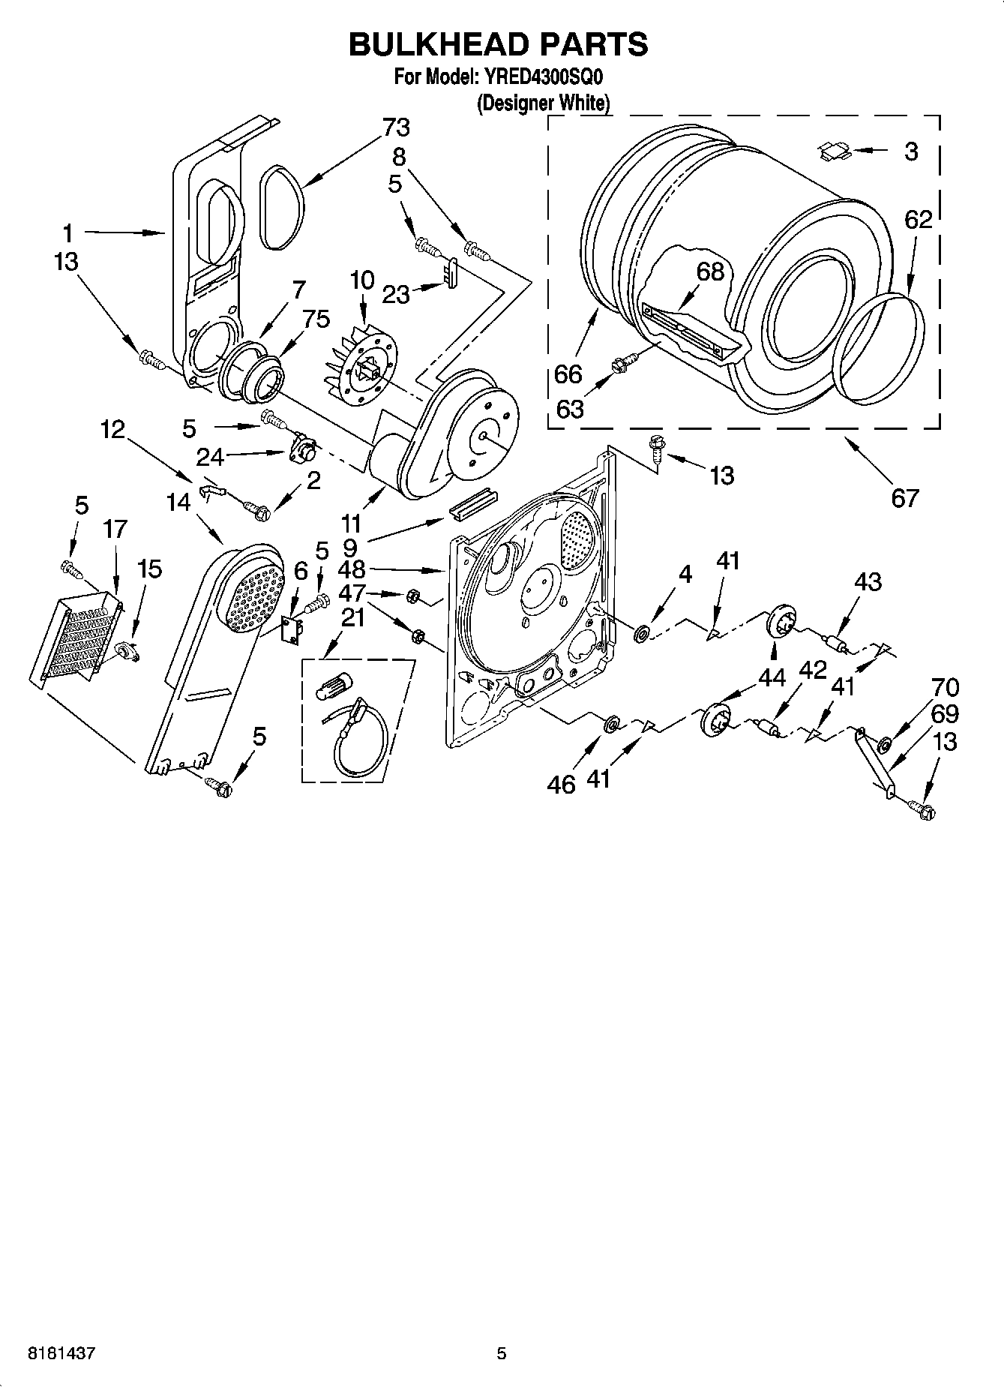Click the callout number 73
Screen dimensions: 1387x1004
tap(396, 128)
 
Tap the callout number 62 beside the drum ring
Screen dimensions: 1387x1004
tap(918, 219)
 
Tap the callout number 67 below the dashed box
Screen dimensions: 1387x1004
tap(904, 497)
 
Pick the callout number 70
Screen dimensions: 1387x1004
tap(945, 687)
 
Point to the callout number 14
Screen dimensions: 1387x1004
tap(178, 502)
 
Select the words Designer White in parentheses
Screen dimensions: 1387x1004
tap(544, 103)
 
